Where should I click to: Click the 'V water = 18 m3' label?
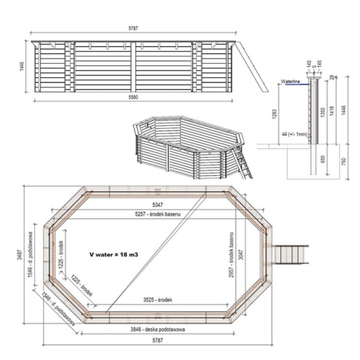click(117, 254)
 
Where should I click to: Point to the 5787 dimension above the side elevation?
click(135, 29)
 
